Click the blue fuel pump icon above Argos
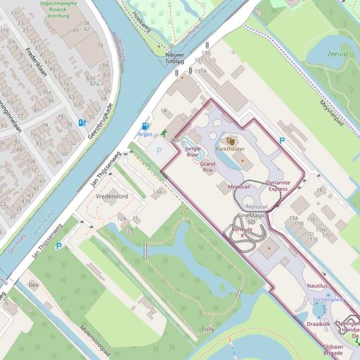pos(145,126)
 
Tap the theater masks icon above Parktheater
pos(230,141)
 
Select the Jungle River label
pos(193,151)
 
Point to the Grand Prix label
pos(208,167)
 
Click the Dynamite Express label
pos(278,186)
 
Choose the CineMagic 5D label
pos(252,218)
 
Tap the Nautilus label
pos(317,286)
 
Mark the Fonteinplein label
pos(328,299)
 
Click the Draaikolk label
pos(318,324)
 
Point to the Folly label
pos(208,329)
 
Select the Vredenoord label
pos(112,196)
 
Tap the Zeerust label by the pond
pos(338,54)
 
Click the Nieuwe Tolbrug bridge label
pos(175,58)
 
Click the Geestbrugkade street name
pos(101,121)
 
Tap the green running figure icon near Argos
pos(164,133)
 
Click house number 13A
pos(157,192)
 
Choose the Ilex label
pos(33,285)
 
